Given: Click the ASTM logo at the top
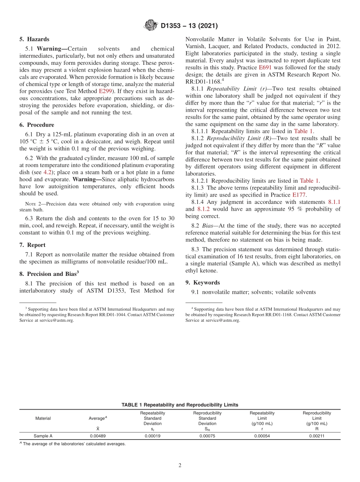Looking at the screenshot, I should [151, 26].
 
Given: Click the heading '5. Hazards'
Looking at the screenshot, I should [34, 39].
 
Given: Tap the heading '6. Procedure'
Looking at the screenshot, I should [37, 125].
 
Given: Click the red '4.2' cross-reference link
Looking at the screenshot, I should [48, 172].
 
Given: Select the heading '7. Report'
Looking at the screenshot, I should [33, 245].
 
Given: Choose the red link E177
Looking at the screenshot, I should [299, 195].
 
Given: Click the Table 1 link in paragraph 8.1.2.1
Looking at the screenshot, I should [309, 181].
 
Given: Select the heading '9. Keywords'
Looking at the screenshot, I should [203, 282].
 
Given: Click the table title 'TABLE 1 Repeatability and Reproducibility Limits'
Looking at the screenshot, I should [180, 405].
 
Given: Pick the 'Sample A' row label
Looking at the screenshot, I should [43, 436].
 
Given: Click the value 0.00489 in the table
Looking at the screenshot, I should [98, 436].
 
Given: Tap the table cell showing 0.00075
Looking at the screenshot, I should [207, 436].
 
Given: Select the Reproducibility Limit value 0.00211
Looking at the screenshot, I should [316, 436].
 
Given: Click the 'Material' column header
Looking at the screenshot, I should [43, 418].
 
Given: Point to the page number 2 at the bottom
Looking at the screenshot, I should [180, 465].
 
